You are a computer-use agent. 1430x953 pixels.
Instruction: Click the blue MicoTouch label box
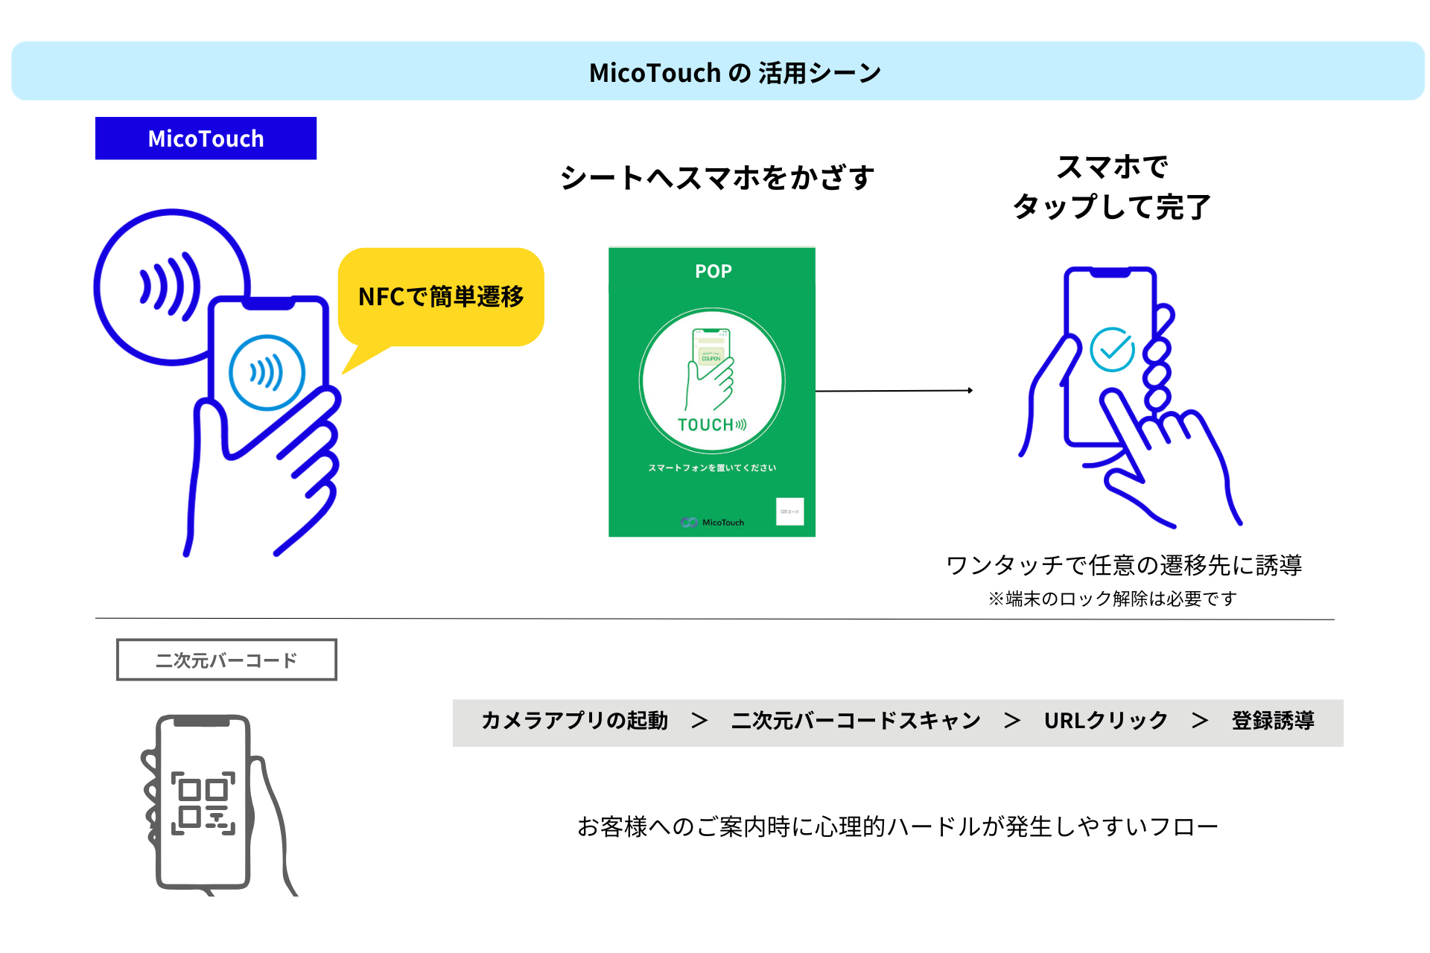(206, 138)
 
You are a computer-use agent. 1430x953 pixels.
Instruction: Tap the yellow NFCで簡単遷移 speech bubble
(441, 296)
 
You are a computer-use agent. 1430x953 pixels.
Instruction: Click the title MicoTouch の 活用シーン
(734, 73)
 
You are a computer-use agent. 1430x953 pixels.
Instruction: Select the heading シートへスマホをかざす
(716, 178)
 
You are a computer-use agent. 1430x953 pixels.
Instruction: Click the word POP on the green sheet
(713, 271)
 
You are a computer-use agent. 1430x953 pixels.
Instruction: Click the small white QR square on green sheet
(789, 511)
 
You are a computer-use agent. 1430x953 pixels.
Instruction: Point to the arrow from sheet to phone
(894, 390)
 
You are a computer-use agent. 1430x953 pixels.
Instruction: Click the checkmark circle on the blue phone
(1111, 349)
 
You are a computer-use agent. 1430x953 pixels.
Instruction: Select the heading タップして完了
(1111, 207)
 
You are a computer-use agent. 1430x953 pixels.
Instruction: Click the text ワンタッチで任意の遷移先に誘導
(1123, 565)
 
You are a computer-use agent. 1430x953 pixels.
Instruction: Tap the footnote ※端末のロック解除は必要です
(1111, 599)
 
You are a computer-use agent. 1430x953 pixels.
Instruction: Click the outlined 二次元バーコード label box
(226, 660)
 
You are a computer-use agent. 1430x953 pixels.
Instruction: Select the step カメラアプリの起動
(574, 721)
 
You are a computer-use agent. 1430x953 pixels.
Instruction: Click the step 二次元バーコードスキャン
(856, 721)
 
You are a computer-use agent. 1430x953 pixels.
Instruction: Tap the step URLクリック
(1105, 721)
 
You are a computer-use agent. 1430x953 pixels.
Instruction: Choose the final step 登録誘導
(1272, 721)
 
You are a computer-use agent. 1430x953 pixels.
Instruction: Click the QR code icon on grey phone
(203, 803)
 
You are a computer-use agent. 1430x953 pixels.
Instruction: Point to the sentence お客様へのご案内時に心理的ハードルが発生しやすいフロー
(897, 826)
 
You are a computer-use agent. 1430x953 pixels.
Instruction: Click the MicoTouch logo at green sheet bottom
(713, 522)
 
